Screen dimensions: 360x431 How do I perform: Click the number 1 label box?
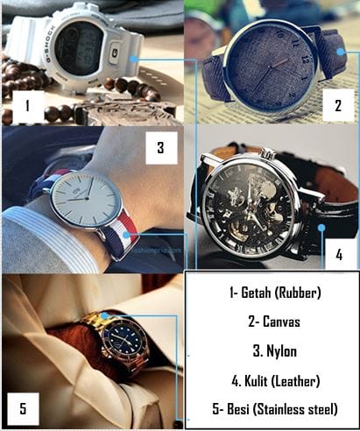[x=27, y=106]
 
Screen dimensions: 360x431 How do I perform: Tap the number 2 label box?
[x=338, y=105]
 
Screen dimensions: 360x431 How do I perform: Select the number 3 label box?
[x=161, y=148]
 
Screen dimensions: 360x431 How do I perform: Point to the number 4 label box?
[x=340, y=255]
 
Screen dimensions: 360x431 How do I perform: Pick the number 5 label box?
[x=23, y=409]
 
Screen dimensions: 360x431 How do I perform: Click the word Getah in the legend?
[x=256, y=293]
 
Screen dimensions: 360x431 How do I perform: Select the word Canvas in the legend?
[x=281, y=321]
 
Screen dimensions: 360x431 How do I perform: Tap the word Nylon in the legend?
[x=281, y=351]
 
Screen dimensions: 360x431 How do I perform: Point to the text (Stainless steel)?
[x=295, y=409]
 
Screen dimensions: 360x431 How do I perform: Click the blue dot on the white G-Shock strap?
[x=133, y=59]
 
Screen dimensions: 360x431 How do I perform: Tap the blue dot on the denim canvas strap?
[x=340, y=52]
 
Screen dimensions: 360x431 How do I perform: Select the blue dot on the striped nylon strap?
[x=126, y=235]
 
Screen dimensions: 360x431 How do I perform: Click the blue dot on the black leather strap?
[x=321, y=228]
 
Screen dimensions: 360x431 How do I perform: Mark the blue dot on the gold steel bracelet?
[x=104, y=315]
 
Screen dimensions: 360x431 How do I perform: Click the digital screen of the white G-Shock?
[x=76, y=48]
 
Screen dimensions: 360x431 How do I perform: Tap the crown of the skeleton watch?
[x=268, y=154]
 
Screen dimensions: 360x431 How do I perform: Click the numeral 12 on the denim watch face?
[x=305, y=60]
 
